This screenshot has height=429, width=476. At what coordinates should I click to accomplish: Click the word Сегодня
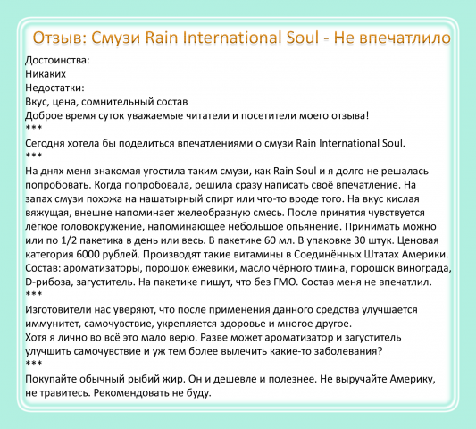click(49, 141)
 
